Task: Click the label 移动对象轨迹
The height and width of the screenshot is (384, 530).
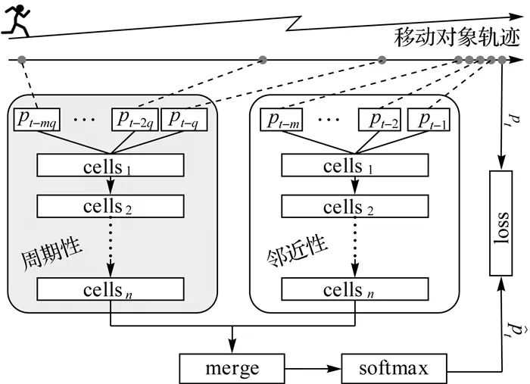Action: point(457,38)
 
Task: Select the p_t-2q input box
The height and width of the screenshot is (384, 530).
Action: point(135,119)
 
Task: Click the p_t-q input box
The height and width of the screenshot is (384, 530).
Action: point(185,119)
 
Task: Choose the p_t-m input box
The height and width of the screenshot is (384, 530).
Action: point(282,119)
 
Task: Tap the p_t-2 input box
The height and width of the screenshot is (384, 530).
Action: point(380,119)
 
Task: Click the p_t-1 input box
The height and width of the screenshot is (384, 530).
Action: point(430,119)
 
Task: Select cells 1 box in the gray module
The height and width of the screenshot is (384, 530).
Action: point(111,165)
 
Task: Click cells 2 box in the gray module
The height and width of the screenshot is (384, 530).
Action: point(111,206)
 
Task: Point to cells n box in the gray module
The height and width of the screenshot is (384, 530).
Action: point(111,289)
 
